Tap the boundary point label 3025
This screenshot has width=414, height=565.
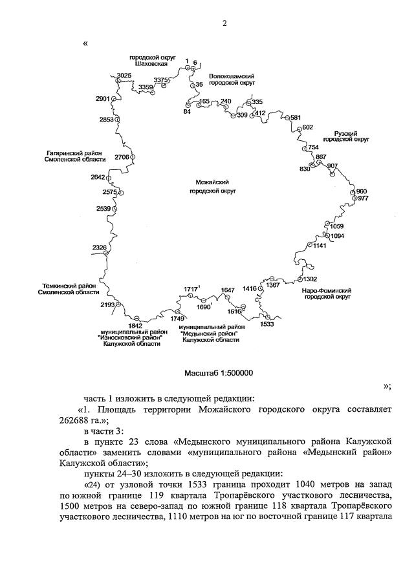[124, 76]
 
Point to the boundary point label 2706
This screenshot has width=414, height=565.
[122, 157]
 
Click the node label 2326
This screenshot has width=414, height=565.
[100, 248]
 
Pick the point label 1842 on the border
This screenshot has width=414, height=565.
[135, 325]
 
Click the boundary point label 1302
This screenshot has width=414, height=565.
[310, 279]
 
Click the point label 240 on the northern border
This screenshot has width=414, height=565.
[226, 101]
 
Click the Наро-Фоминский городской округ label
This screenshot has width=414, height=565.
[326, 295]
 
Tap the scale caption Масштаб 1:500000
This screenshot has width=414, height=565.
[219, 373]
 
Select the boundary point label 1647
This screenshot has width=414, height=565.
[227, 290]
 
